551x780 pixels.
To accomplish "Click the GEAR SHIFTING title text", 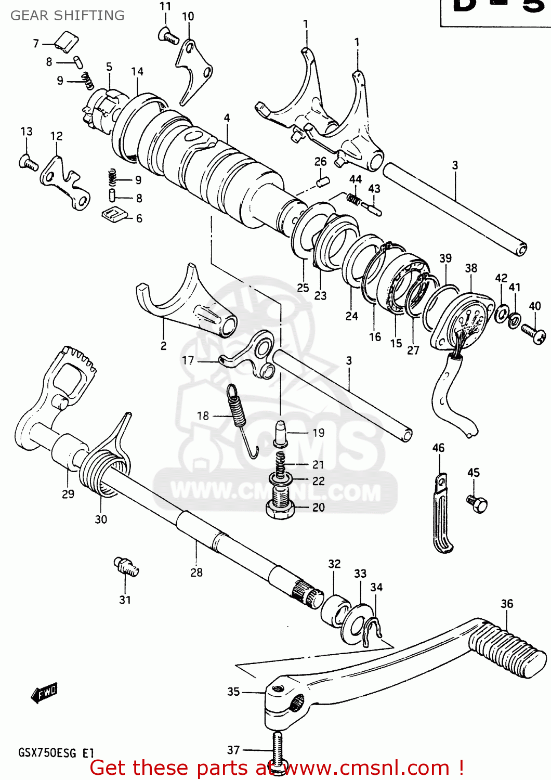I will [68, 16].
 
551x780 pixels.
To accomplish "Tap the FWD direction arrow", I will [44, 693].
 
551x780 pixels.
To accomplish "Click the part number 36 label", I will [507, 604].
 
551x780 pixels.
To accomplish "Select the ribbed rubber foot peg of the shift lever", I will [508, 653].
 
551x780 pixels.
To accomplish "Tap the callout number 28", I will [196, 573].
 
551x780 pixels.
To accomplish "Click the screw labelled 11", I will [168, 35].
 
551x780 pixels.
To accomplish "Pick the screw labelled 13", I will [28, 163].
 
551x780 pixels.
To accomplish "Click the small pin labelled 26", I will [323, 182].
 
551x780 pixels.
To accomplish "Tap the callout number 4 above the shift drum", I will [227, 118].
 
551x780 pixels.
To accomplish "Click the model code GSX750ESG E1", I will [56, 752].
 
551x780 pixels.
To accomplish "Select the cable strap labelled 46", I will [442, 515].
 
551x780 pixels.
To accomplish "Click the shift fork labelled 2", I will [187, 307].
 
